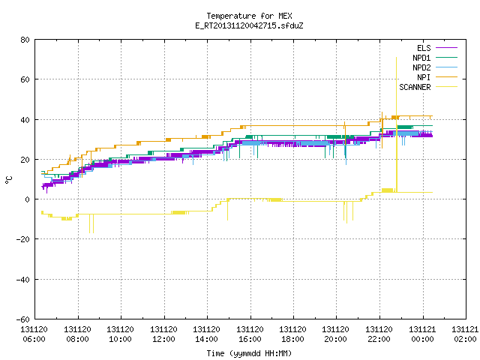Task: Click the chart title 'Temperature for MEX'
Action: point(249,16)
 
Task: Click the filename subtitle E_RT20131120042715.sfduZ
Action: point(249,25)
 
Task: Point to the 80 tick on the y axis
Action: point(25,40)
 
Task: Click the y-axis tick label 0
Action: point(28,199)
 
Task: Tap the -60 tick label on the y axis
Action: point(23,319)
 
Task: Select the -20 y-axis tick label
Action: point(23,239)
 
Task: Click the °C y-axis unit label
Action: point(8,180)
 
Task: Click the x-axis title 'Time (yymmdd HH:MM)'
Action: point(249,353)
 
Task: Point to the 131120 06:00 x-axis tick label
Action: point(34,334)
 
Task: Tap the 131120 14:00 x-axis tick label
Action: point(206,334)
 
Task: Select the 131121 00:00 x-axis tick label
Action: point(422,334)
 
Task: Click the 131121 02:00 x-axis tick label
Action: point(465,334)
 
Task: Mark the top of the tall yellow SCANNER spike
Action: point(397,57)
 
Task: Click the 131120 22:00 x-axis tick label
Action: point(379,334)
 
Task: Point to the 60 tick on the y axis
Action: point(25,79)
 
